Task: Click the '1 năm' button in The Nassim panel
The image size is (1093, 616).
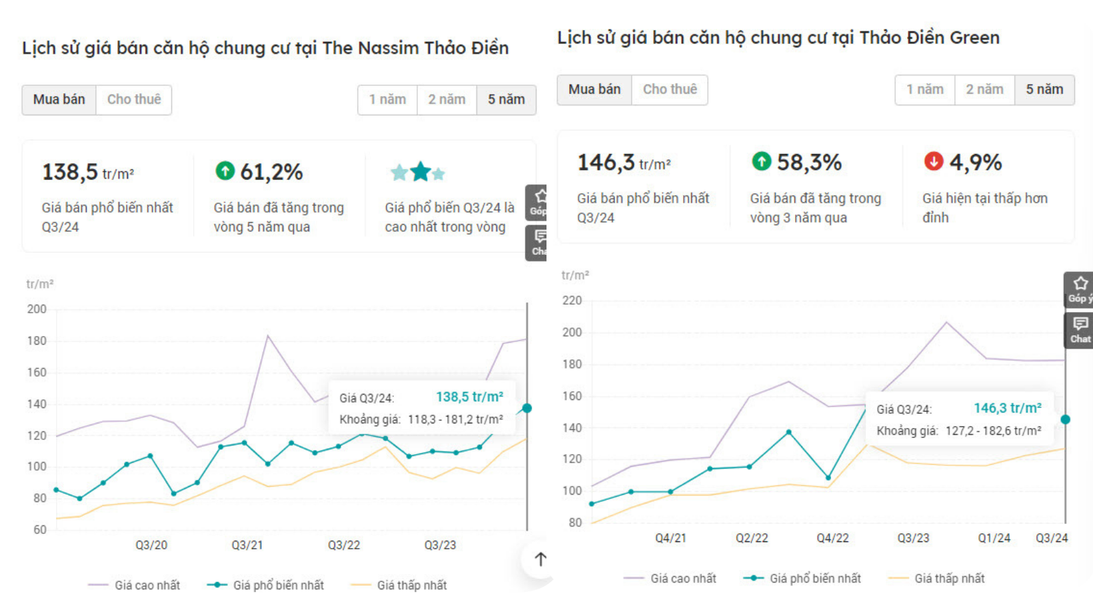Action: [x=387, y=100]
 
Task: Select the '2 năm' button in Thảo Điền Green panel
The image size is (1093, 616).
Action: [x=984, y=90]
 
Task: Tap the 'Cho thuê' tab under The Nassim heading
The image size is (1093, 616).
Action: [x=134, y=100]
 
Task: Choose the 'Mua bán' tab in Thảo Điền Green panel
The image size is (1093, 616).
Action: [x=594, y=90]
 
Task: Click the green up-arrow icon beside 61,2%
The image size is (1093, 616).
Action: [x=225, y=171]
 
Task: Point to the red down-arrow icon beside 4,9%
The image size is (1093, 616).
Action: [x=934, y=161]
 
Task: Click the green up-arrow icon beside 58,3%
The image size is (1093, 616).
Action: [x=761, y=161]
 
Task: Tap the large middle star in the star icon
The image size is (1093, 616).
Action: [x=421, y=172]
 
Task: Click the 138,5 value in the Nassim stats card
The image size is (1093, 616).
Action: [x=70, y=173]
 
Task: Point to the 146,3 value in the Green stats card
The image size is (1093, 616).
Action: [x=605, y=163]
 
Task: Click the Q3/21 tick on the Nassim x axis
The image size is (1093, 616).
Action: [x=247, y=545]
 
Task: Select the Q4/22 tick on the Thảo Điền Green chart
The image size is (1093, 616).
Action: [x=832, y=538]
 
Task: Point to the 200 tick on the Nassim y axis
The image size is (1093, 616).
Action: [x=37, y=309]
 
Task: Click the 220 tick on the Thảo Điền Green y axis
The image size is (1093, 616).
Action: [x=572, y=301]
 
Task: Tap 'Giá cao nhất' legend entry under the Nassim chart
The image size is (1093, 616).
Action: [x=147, y=585]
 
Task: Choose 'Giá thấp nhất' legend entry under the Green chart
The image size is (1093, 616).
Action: [x=948, y=579]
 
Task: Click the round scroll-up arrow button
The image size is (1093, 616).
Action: [x=541, y=560]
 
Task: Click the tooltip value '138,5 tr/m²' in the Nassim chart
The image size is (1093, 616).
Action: [x=469, y=397]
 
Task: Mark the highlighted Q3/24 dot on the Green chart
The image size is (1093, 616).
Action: [x=1065, y=419]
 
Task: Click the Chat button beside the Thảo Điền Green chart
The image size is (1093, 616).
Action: [x=1080, y=330]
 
